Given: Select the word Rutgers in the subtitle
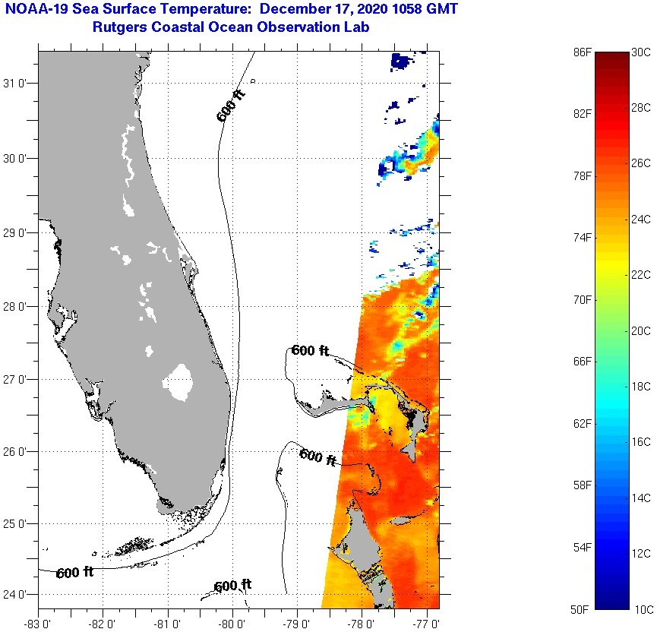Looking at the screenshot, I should [x=119, y=28].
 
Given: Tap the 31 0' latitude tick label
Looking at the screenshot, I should [x=17, y=84].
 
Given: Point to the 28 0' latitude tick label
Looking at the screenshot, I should [x=17, y=306].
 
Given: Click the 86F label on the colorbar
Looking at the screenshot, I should [x=583, y=52].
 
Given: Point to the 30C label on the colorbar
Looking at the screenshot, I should [x=642, y=52].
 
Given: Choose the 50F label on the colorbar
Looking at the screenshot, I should [x=583, y=609].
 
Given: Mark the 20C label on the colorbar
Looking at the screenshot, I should [x=642, y=330].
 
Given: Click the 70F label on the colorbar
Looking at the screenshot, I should [x=583, y=300].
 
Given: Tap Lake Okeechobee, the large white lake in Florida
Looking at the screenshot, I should [x=180, y=381].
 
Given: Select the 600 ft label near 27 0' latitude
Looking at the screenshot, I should [x=310, y=351].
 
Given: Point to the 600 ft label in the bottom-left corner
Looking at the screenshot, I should [x=74, y=573].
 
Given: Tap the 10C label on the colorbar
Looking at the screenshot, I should [x=642, y=609].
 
